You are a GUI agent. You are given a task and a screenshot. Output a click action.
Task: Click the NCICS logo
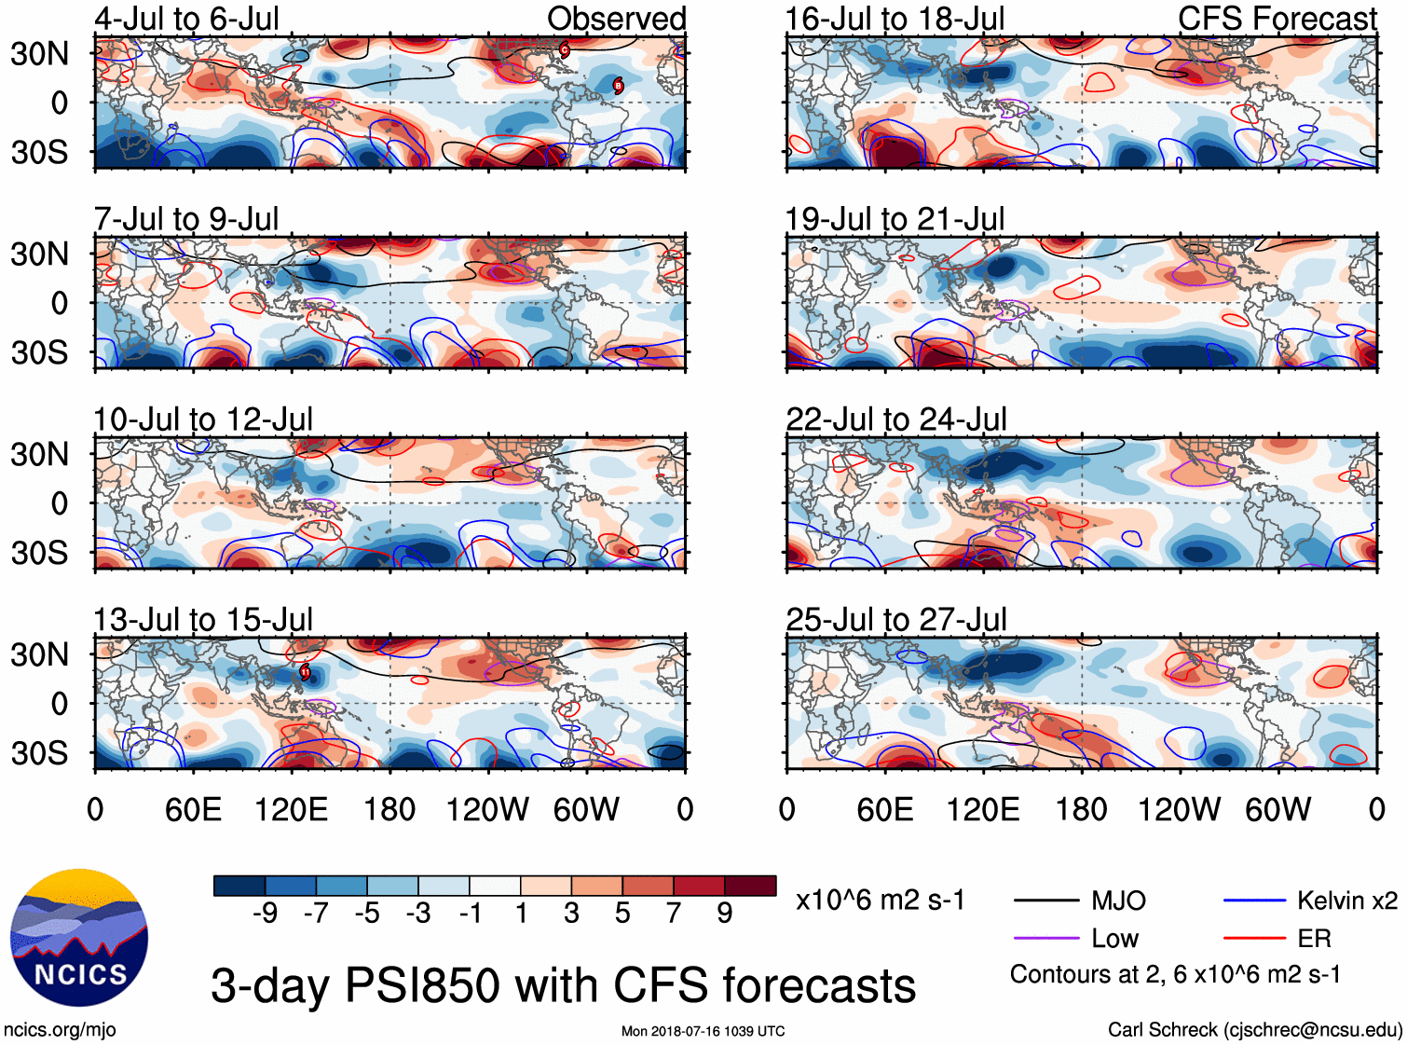(x=79, y=938)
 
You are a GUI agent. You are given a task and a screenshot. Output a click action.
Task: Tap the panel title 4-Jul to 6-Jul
(x=186, y=19)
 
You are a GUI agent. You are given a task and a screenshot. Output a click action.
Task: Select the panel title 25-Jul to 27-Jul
(x=895, y=620)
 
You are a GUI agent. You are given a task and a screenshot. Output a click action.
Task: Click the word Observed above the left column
(x=616, y=19)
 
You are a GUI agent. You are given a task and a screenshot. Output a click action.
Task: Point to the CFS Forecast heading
(x=1277, y=19)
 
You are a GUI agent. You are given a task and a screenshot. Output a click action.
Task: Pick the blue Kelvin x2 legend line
(x=1254, y=901)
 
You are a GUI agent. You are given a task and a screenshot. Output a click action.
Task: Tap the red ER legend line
(x=1254, y=939)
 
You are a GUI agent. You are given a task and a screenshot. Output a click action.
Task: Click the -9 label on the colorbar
(x=265, y=913)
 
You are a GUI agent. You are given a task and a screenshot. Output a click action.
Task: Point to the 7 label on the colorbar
(x=674, y=913)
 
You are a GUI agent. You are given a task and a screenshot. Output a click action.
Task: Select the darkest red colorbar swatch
(x=750, y=886)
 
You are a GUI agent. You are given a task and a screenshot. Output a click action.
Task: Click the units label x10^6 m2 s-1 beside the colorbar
(x=880, y=901)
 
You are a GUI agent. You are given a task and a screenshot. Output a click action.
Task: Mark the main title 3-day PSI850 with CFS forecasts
(x=563, y=985)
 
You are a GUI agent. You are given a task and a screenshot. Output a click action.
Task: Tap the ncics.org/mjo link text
(x=60, y=1030)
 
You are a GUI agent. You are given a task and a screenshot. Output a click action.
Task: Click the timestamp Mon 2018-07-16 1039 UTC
(x=703, y=1031)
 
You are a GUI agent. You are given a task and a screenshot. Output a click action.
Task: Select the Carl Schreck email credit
(x=1254, y=1030)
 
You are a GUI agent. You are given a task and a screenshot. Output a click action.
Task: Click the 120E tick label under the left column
(x=291, y=810)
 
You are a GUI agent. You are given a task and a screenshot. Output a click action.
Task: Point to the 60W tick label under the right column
(x=1277, y=810)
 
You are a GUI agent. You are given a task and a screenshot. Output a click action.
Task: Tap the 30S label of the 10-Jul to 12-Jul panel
(x=39, y=553)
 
